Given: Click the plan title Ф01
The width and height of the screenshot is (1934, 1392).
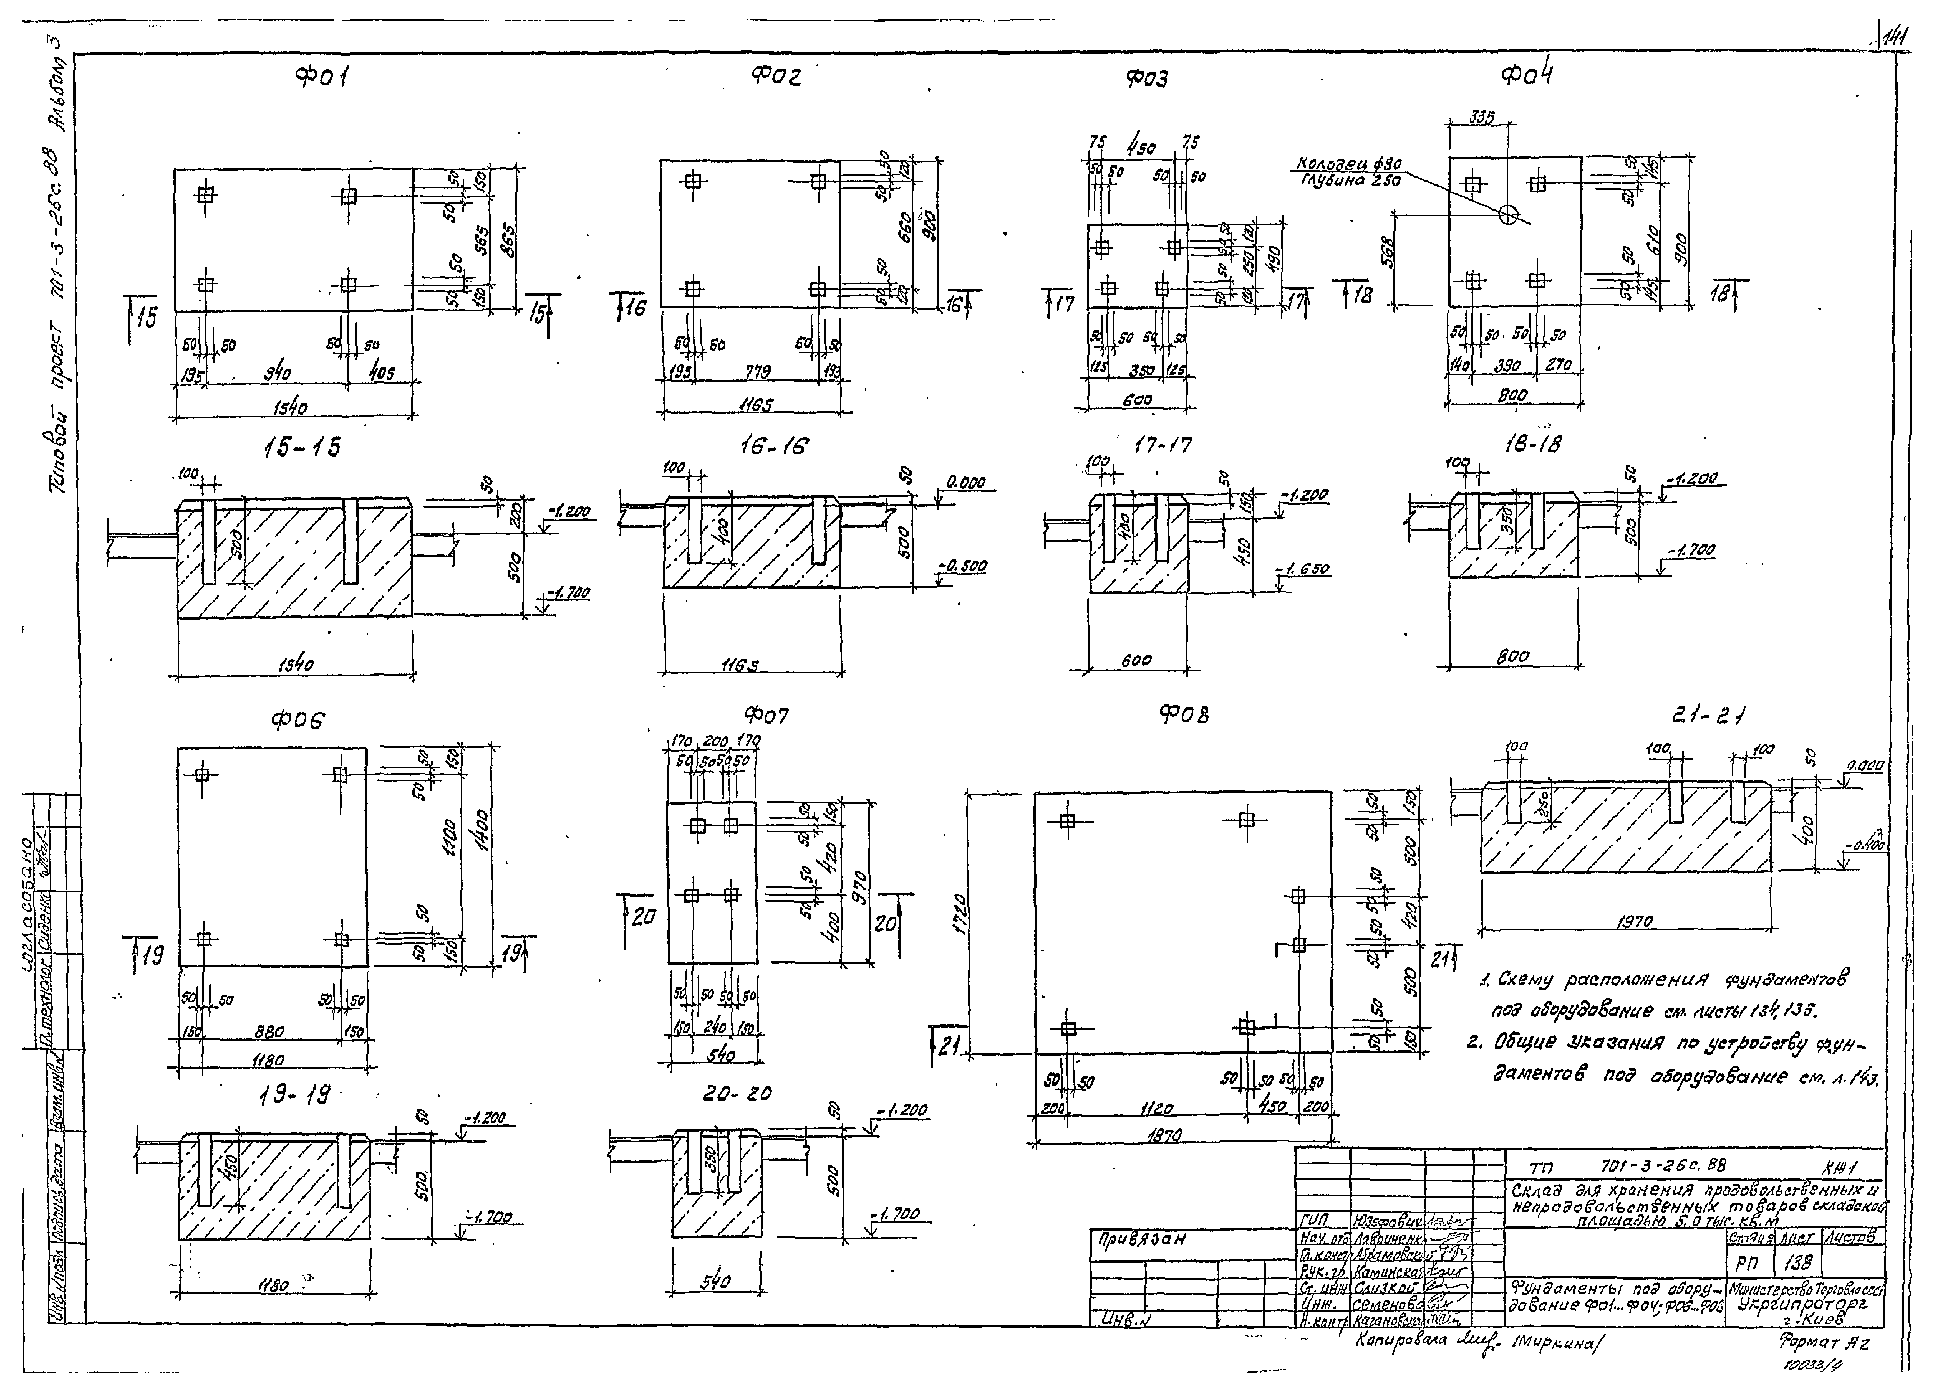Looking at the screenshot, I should click(x=321, y=78).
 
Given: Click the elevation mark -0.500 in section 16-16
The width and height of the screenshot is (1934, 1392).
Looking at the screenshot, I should click(x=962, y=566).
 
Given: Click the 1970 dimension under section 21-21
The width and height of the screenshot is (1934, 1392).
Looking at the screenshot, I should click(x=1634, y=921).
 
